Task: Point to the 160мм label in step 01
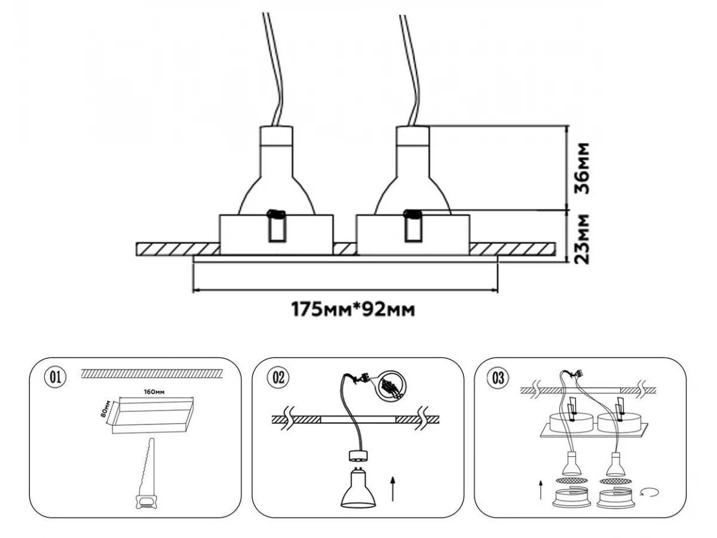click(154, 392)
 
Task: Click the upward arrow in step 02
click(392, 487)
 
